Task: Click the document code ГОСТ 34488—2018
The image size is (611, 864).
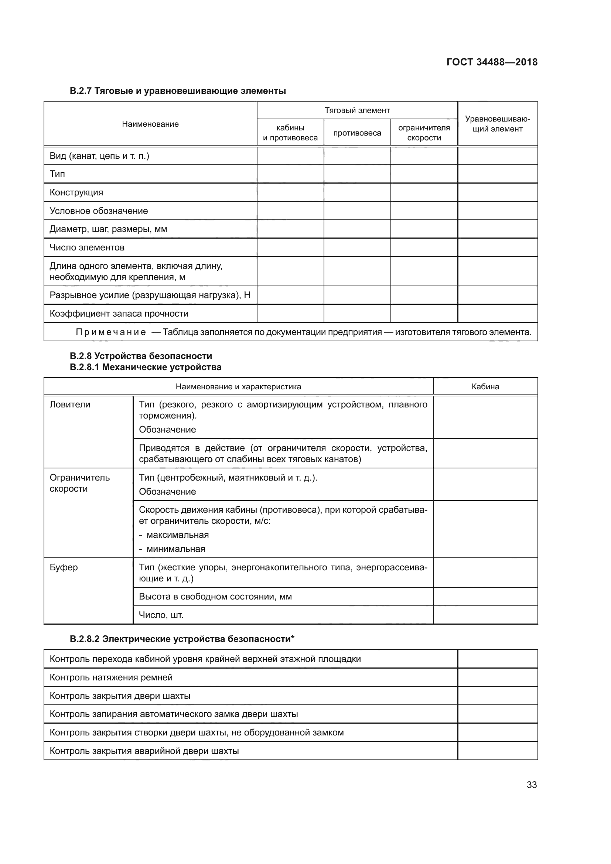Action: tap(492, 62)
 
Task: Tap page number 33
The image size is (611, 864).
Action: tap(532, 785)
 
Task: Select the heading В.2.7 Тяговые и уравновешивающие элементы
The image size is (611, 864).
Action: tap(178, 91)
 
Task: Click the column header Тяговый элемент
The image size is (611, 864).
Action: tap(357, 110)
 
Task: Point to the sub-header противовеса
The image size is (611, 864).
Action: tap(357, 133)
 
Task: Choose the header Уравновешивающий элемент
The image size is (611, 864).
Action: tap(497, 124)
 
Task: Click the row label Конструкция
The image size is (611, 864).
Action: tap(76, 192)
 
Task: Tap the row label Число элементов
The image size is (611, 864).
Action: tap(87, 247)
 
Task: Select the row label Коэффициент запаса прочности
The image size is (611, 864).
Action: tap(119, 314)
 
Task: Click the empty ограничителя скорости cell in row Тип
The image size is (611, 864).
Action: tap(424, 174)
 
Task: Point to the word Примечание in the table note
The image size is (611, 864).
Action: tap(111, 332)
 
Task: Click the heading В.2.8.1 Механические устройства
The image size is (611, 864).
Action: tap(146, 367)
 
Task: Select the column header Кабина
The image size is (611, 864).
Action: tap(485, 386)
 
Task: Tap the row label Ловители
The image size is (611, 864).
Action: tap(70, 404)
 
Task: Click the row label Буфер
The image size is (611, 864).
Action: tap(64, 567)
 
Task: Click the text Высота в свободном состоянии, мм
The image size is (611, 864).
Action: tap(215, 597)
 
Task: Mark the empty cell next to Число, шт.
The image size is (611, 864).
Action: tap(485, 615)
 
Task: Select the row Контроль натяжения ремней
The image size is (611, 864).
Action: tap(111, 677)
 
